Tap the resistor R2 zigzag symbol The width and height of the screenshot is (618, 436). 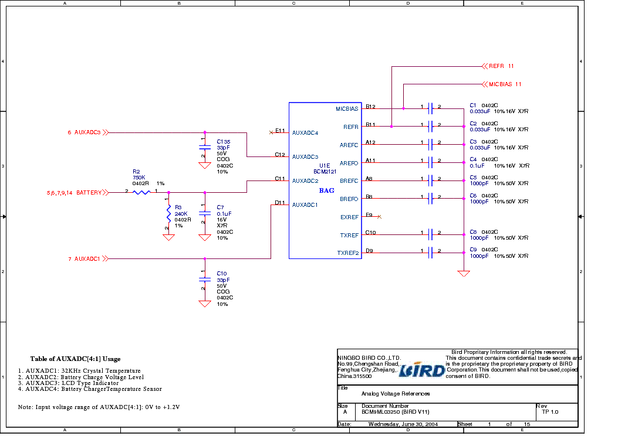pos(141,192)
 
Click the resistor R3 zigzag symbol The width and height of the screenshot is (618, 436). pos(168,214)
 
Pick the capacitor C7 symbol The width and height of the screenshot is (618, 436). pos(204,214)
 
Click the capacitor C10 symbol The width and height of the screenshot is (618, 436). pos(204,280)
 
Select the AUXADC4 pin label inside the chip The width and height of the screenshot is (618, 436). pos(305,133)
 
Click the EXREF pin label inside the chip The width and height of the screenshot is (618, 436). pos(349,217)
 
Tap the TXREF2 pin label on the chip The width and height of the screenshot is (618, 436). pos(347,253)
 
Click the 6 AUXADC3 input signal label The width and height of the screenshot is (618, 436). pos(85,132)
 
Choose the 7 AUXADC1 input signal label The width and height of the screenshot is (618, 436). pos(85,258)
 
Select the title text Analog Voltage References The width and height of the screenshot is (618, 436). pos(396,394)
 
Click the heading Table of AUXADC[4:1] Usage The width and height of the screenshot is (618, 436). pos(75,359)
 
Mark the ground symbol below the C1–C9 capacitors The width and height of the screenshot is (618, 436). pos(464,273)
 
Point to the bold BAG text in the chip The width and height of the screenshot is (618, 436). pos(326,190)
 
